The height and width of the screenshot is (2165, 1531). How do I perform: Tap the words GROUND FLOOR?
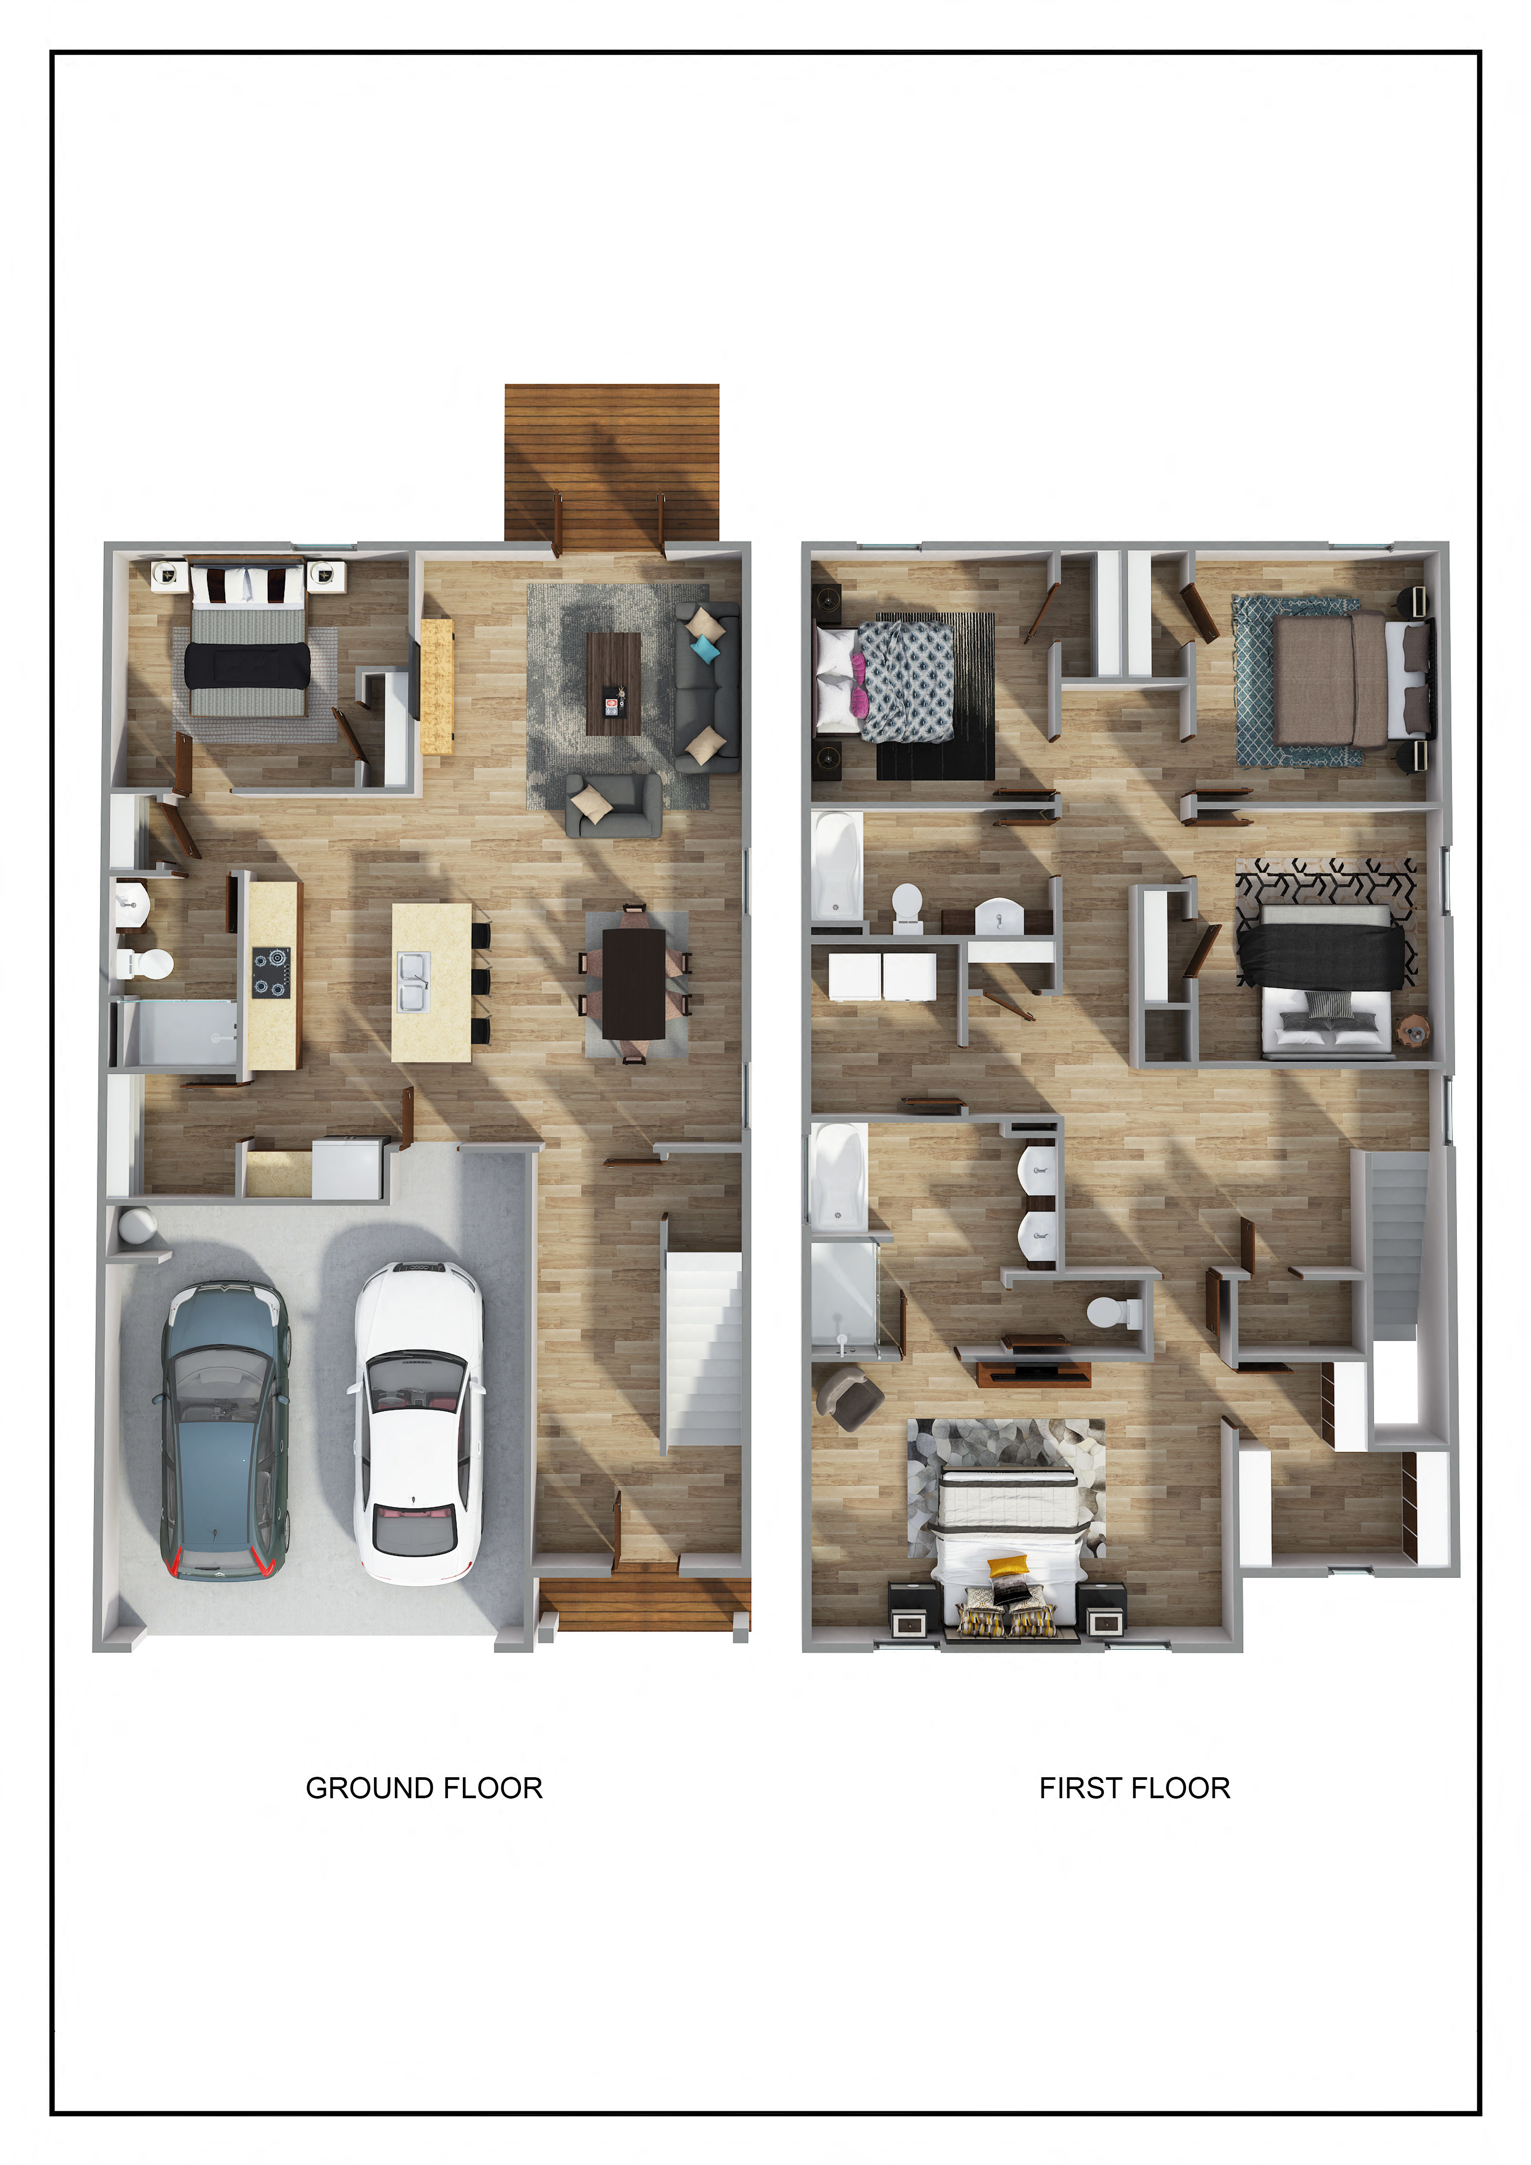click(424, 1788)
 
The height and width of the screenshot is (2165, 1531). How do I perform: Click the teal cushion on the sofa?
click(704, 648)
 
